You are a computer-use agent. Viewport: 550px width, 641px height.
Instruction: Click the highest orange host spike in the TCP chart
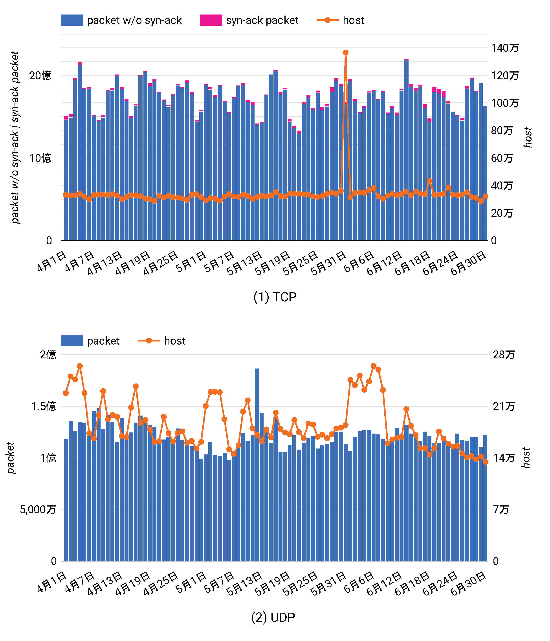346,53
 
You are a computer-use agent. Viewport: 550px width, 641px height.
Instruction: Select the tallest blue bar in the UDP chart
257,464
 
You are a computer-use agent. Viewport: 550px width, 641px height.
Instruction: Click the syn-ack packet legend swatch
211,20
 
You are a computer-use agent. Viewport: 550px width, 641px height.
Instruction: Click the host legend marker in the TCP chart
328,20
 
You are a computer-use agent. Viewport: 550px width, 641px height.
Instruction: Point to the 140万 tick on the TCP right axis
505,48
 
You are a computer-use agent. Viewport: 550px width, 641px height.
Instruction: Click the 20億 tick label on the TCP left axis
40,76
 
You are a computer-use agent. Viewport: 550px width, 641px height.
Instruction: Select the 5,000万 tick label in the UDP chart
38,510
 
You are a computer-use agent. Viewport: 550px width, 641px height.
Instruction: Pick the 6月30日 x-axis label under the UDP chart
468,583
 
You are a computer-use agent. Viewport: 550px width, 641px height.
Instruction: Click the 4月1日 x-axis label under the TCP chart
52,261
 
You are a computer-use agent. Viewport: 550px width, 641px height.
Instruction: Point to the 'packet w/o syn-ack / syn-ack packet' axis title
15,138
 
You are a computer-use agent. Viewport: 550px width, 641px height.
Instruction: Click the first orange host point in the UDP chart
66,393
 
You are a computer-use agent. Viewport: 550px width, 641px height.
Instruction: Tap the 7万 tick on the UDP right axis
501,510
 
